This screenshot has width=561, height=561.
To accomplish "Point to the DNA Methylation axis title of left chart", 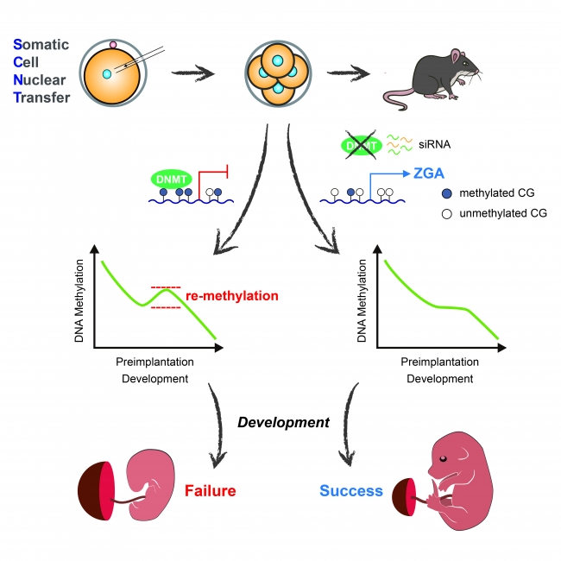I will click(x=79, y=293).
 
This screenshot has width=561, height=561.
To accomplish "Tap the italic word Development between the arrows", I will click(x=283, y=422).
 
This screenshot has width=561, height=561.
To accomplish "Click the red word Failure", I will click(x=210, y=491).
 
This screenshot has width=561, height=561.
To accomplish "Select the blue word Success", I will click(x=351, y=491).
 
